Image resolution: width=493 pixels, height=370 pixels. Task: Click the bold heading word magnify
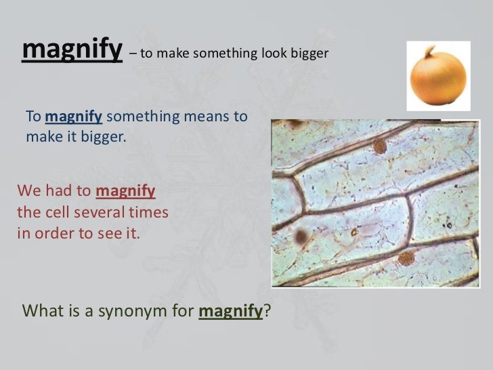click(x=72, y=49)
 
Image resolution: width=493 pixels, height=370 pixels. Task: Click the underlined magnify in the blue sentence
click(x=74, y=117)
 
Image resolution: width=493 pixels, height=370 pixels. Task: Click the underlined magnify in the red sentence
click(x=125, y=192)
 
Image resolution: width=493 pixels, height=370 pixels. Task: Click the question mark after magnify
click(x=266, y=310)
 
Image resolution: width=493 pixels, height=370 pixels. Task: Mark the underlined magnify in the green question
click(x=230, y=311)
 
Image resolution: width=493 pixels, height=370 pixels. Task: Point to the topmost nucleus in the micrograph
click(x=380, y=146)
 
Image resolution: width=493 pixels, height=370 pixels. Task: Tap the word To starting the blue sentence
click(x=33, y=117)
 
